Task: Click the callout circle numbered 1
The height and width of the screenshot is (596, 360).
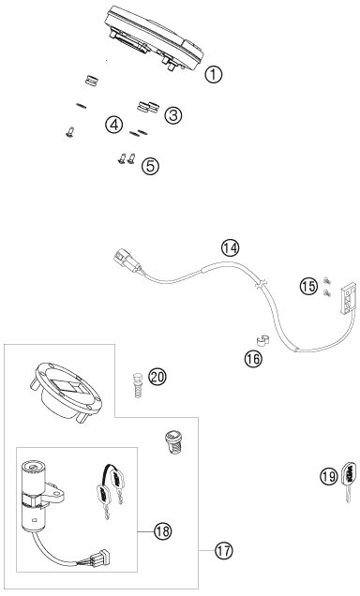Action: coord(213,75)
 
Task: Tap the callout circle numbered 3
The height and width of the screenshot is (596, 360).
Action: coord(172,115)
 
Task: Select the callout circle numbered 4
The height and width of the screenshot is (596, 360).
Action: coord(114,125)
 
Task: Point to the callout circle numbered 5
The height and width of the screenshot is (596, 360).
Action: coord(150,166)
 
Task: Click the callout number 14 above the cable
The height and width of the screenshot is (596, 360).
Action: coord(230,248)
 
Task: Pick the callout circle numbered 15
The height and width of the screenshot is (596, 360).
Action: coord(308,286)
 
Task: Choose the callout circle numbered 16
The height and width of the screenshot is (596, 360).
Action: coord(253,358)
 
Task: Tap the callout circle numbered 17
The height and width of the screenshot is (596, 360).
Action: coord(223,550)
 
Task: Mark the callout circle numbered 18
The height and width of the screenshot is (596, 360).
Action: coord(163,530)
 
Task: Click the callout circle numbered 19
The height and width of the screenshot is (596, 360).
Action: coord(328,476)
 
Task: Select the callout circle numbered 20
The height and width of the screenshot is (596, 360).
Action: coord(157,377)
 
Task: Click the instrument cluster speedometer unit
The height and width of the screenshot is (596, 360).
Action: coord(154,38)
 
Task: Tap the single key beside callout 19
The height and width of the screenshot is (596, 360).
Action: coord(350,481)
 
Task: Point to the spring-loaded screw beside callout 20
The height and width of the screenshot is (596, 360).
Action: coord(138,385)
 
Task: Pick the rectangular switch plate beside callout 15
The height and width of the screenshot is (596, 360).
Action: coord(348,298)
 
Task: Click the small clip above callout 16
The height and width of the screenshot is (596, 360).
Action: coord(262,340)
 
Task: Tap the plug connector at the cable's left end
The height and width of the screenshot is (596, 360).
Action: coord(127,260)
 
